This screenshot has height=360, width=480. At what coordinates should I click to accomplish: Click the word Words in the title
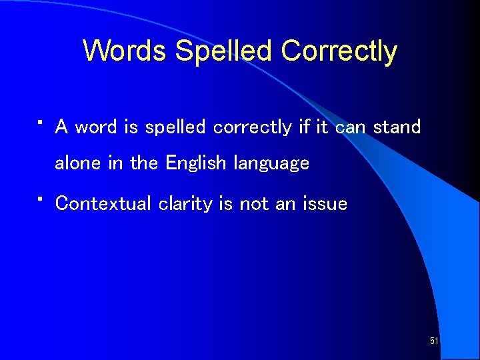(125, 51)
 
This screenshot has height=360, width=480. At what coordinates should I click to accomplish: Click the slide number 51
(434, 341)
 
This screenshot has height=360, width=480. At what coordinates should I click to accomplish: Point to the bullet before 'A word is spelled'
(41, 123)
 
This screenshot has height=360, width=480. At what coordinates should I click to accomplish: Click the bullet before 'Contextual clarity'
(41, 199)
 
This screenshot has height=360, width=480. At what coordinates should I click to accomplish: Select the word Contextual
(103, 203)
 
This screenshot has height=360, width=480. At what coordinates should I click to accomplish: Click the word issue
(325, 203)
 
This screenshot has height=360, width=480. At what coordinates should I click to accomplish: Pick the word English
(197, 163)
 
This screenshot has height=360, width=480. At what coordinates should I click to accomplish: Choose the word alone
(77, 163)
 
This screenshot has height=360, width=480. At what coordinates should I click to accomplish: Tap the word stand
(397, 127)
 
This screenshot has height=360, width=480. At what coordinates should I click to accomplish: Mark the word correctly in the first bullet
(252, 127)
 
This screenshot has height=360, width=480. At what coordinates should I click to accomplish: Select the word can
(351, 127)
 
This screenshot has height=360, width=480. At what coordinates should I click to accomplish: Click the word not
(253, 203)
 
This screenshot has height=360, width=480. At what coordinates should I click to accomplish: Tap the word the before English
(144, 163)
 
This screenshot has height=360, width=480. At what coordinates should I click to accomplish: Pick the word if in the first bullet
(304, 127)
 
